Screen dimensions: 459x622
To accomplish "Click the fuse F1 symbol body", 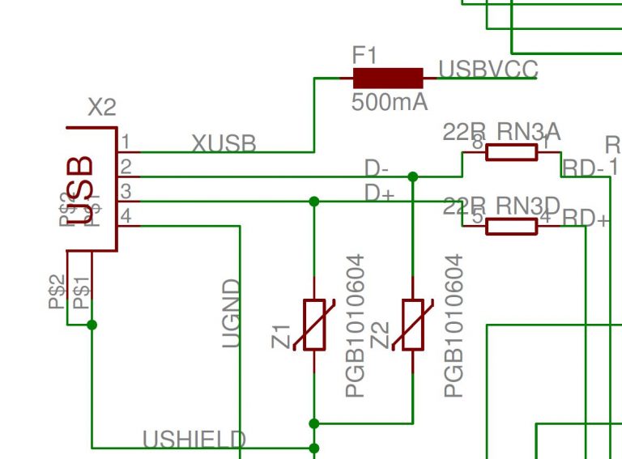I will [x=388, y=78].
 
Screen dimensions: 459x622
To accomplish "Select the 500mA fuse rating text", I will [x=389, y=103].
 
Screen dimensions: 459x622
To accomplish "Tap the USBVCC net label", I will [x=488, y=70].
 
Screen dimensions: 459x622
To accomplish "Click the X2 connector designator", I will [x=101, y=108].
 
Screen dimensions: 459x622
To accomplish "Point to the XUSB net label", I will [x=224, y=143].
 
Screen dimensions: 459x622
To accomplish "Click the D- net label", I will [x=377, y=168].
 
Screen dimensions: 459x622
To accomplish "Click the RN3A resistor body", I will [x=511, y=152].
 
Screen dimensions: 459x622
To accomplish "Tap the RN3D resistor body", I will [x=511, y=226].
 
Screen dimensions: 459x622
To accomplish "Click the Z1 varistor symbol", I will [x=314, y=325].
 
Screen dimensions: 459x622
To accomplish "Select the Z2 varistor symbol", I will [x=413, y=325].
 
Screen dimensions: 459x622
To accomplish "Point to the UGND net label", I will [x=232, y=313].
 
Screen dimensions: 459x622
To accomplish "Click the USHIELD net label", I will [x=194, y=440].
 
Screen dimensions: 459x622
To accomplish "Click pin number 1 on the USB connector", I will [x=126, y=142].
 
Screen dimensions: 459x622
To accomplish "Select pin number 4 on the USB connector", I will [x=126, y=217].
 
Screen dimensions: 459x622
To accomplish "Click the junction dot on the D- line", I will [x=413, y=176].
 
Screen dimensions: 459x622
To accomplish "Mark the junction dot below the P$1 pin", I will [x=92, y=325].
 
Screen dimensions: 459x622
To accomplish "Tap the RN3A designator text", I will [x=528, y=131].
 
